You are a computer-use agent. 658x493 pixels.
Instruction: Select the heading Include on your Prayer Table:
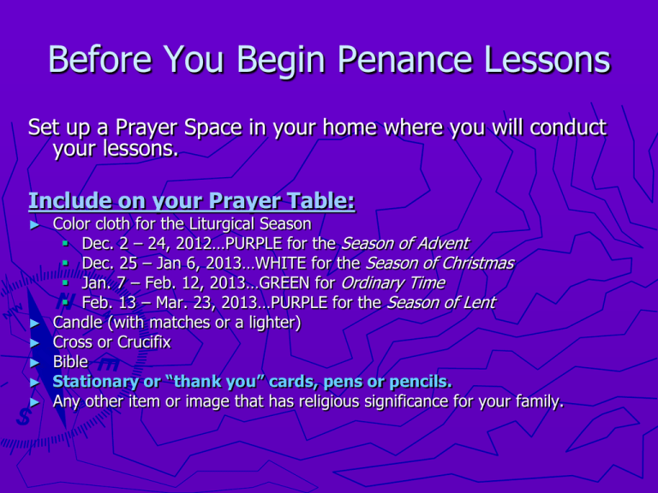point(192,202)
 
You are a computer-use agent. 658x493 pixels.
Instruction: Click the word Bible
point(70,362)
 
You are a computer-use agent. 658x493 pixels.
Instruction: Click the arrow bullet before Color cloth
point(34,224)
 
